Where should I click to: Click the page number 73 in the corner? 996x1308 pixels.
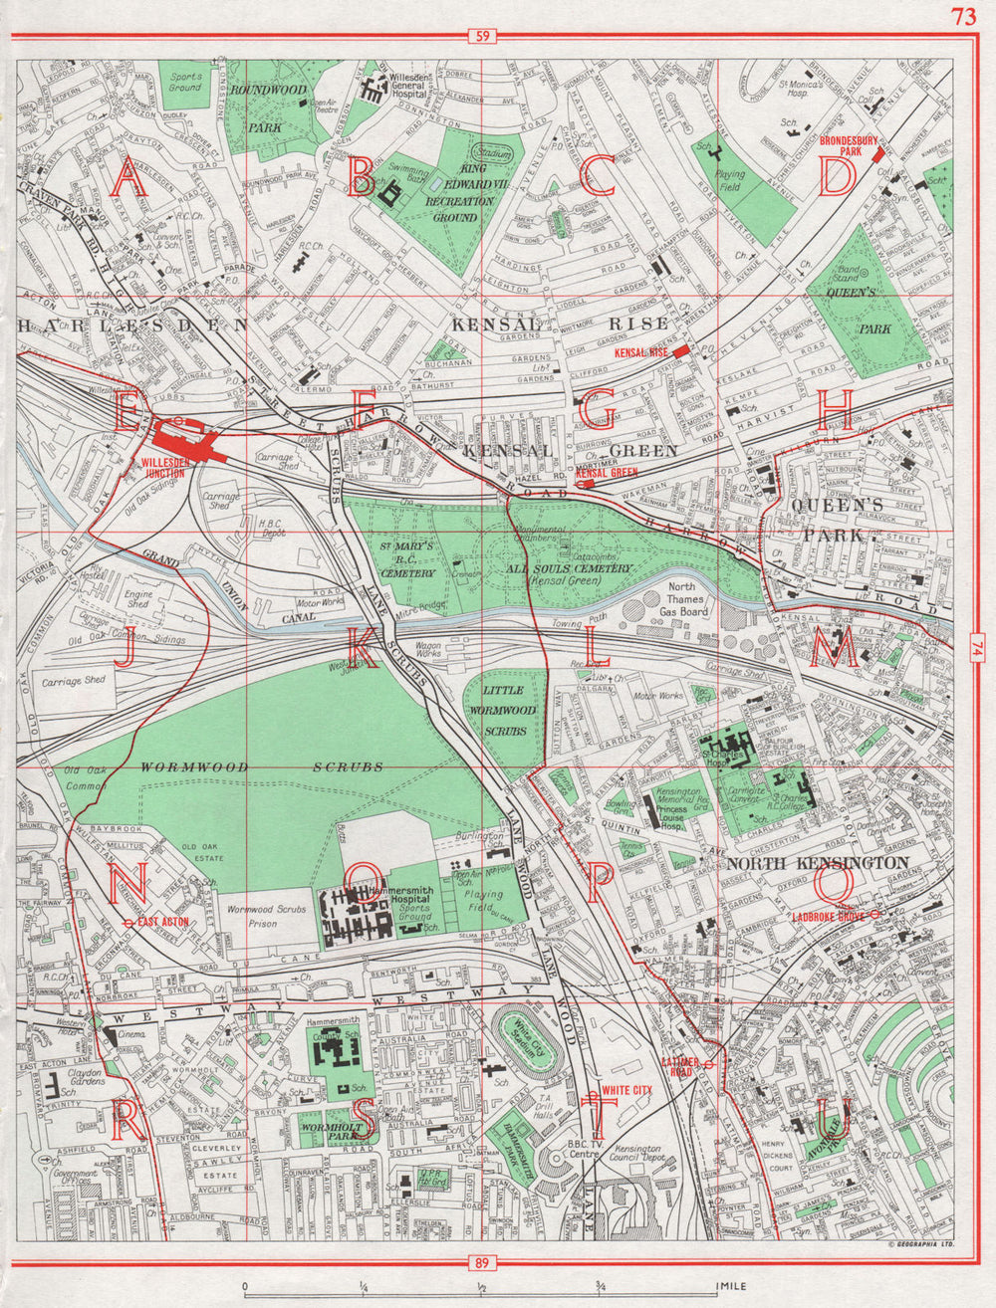pos(963,16)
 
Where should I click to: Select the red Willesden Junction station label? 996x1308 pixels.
pos(163,467)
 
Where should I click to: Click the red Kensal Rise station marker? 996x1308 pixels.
pos(680,351)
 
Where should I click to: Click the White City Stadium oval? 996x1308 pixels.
pos(522,1052)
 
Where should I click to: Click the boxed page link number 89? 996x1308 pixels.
pos(482,1264)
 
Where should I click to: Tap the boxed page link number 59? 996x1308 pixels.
pos(482,38)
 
